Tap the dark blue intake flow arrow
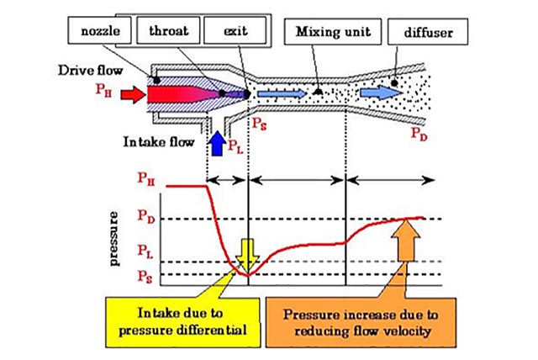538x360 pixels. click(217, 144)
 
